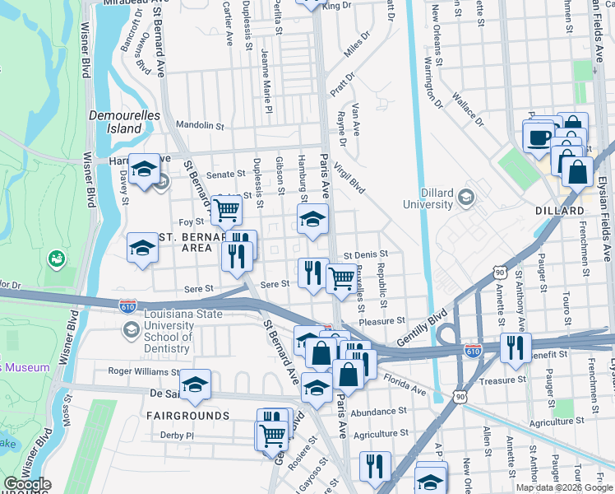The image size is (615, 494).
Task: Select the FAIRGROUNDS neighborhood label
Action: (x=188, y=416)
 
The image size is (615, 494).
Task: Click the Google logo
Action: (x=26, y=484)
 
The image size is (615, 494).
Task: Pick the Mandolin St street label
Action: (x=200, y=126)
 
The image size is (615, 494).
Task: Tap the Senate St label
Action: (x=226, y=175)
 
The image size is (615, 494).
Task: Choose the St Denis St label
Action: (x=366, y=254)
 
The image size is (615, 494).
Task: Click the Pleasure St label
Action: (x=383, y=321)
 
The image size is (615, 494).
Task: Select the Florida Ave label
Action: (x=405, y=383)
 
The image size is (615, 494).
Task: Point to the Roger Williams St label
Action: (x=142, y=370)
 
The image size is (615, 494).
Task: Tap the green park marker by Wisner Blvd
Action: (x=57, y=259)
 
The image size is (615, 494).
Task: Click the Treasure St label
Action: (x=503, y=380)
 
